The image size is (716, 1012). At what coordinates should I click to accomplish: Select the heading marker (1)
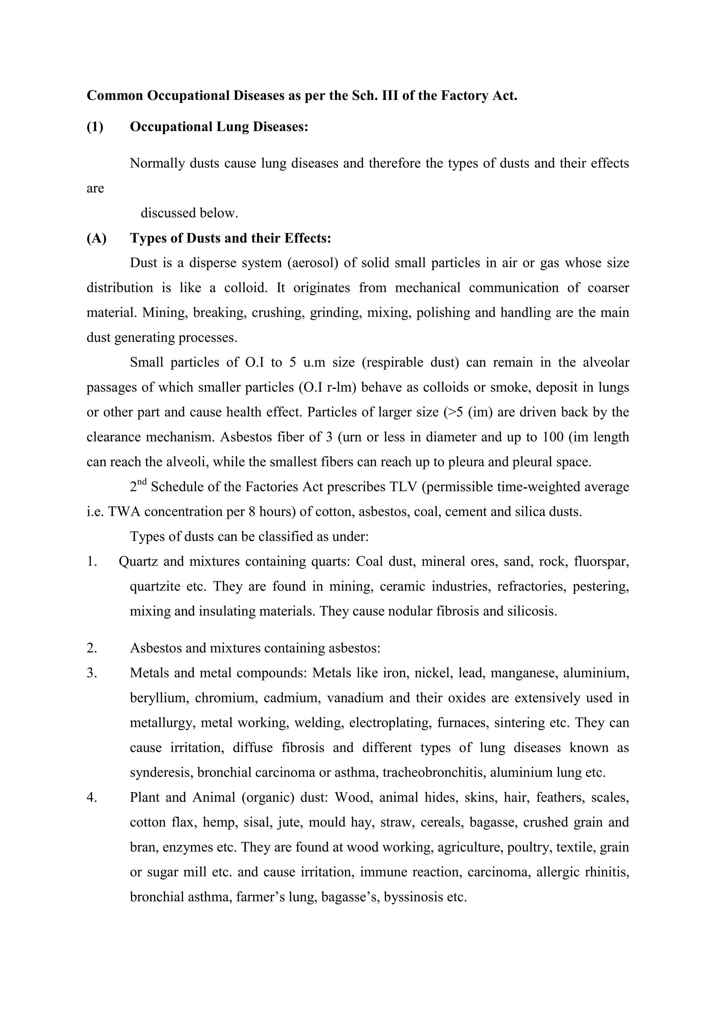pos(95,127)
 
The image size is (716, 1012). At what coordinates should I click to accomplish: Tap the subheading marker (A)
pos(96,238)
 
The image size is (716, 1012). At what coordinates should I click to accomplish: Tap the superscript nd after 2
pos(142,482)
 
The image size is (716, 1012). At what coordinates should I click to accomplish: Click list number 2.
pos(92,648)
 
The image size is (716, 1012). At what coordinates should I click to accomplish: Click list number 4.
pos(92,797)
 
